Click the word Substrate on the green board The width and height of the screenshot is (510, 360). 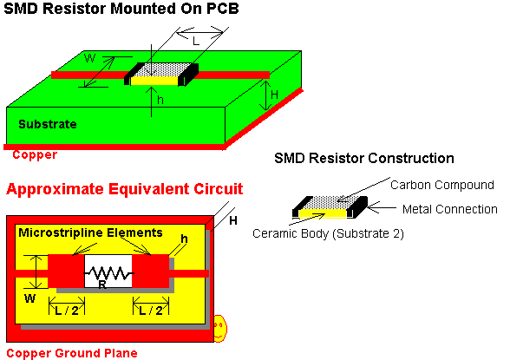click(48, 124)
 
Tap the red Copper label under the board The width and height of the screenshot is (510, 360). click(35, 154)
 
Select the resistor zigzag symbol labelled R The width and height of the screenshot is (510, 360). click(108, 273)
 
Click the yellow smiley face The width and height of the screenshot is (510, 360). click(220, 328)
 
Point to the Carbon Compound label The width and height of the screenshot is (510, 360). click(442, 185)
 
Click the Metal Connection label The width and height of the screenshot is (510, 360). click(450, 209)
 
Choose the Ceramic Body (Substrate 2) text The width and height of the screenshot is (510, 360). click(328, 233)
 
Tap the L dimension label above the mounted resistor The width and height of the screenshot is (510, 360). click(195, 42)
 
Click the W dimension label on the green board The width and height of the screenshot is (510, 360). click(89, 58)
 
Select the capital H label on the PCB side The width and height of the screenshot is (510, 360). click(274, 95)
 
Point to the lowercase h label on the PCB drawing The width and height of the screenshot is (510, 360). click(160, 100)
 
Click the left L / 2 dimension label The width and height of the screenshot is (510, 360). click(67, 311)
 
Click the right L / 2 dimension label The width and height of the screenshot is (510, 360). click(151, 311)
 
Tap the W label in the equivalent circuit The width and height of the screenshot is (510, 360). click(29, 298)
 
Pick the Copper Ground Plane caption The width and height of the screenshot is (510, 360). click(72, 353)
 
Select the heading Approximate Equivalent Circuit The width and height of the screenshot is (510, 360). click(125, 189)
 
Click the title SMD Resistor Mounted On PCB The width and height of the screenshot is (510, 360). click(121, 9)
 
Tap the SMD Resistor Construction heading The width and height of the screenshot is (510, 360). click(364, 159)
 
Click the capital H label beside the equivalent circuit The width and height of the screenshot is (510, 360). click(232, 221)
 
